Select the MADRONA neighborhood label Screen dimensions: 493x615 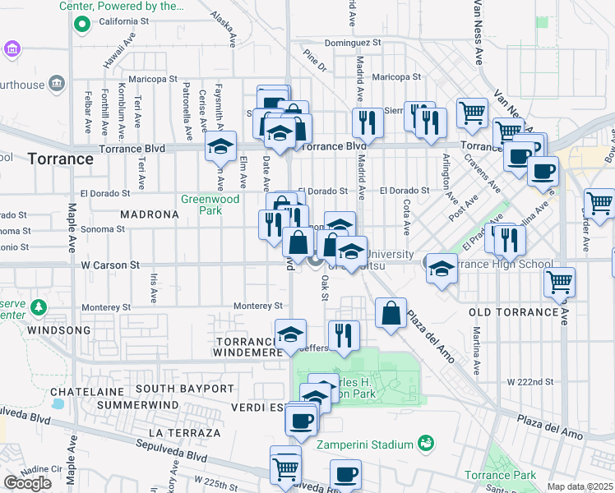[x=149, y=214]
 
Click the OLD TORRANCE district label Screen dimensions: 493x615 [x=514, y=313]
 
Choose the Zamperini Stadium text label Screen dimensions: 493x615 [x=365, y=445]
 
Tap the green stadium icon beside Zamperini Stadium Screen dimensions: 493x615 [x=426, y=445]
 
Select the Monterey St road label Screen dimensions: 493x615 [x=258, y=306]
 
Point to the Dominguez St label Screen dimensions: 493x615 [x=354, y=42]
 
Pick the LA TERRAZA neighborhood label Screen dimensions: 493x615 [x=185, y=432]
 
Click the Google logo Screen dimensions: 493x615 [x=27, y=483]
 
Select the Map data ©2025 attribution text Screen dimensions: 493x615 [x=580, y=486]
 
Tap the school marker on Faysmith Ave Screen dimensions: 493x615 [x=220, y=145]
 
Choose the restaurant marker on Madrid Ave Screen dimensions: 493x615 [x=368, y=122]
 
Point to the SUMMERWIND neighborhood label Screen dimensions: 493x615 [x=136, y=405]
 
